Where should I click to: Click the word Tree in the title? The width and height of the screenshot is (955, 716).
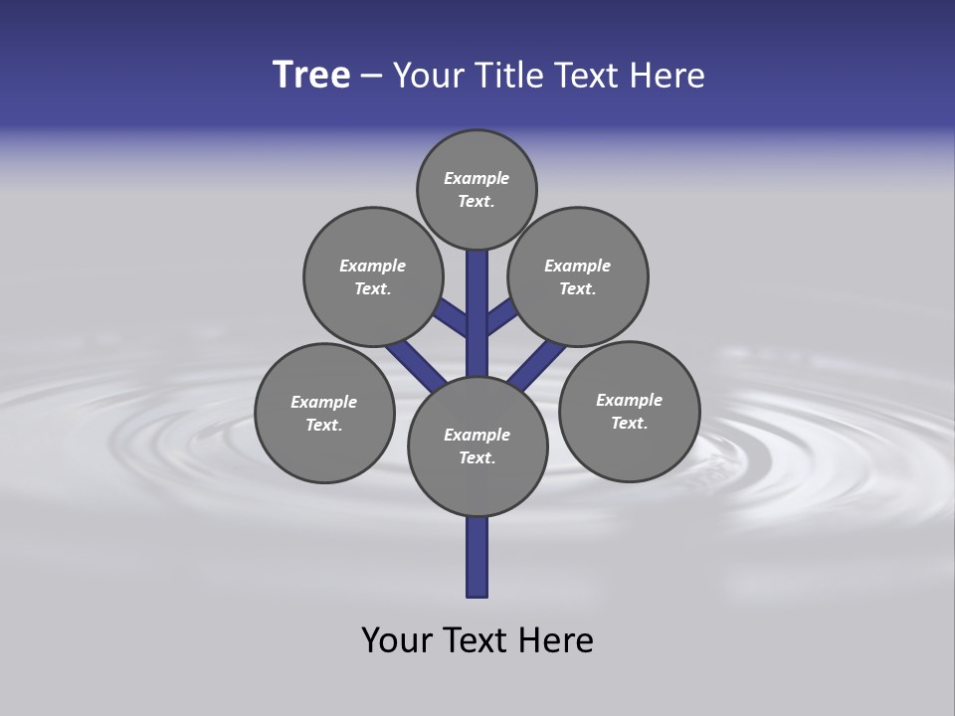[x=311, y=76]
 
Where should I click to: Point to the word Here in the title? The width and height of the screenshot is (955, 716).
[x=668, y=76]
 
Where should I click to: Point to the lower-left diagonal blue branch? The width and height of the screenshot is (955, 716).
[x=414, y=364]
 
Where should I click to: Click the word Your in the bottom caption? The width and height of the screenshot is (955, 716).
[x=398, y=640]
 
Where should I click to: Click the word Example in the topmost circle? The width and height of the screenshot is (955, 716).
[x=477, y=178]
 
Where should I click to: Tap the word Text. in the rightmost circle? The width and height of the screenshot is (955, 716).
[x=629, y=423]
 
